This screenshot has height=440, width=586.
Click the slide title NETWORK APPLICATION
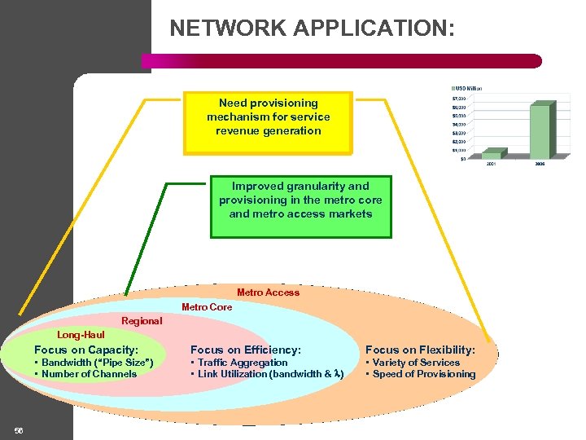[312, 29]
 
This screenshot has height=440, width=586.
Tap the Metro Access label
[268, 293]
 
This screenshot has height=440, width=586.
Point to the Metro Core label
[206, 307]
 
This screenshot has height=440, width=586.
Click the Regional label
[142, 321]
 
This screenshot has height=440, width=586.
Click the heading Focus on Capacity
[86, 350]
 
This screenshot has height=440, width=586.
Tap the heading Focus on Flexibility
[420, 350]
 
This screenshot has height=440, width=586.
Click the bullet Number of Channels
[88, 374]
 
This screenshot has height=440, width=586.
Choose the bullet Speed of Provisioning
[423, 374]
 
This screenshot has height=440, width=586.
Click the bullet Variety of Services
[416, 363]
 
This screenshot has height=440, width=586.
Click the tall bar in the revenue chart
[540, 130]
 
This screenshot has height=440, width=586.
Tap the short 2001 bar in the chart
[491, 154]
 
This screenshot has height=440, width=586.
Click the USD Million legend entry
[467, 88]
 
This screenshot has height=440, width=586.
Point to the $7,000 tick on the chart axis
[459, 99]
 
